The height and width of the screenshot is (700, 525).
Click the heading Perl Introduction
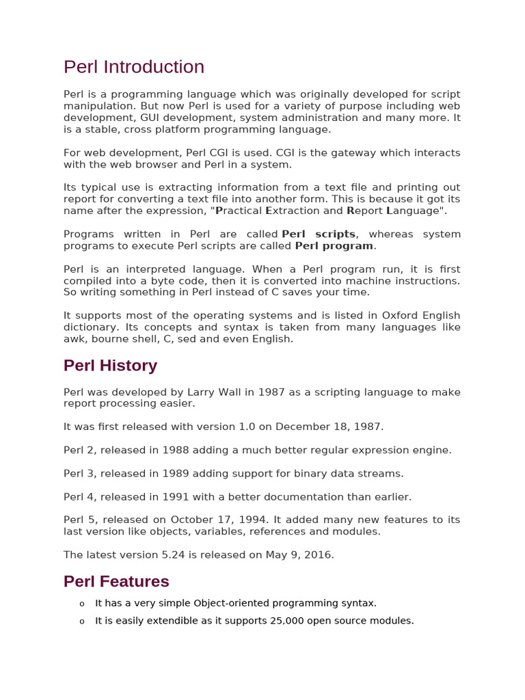134,67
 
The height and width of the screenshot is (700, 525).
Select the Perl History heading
110,366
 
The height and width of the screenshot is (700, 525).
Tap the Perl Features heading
116,582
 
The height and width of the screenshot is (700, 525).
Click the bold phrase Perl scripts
319,234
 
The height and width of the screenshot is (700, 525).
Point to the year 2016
319,554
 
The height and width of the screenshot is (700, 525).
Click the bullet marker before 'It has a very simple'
81,604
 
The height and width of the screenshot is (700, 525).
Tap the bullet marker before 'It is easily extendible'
81,621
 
